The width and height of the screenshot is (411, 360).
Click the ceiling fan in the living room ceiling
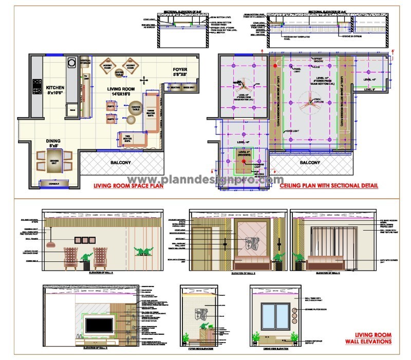[x=310, y=99]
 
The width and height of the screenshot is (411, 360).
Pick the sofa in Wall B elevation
[x=252, y=264]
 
